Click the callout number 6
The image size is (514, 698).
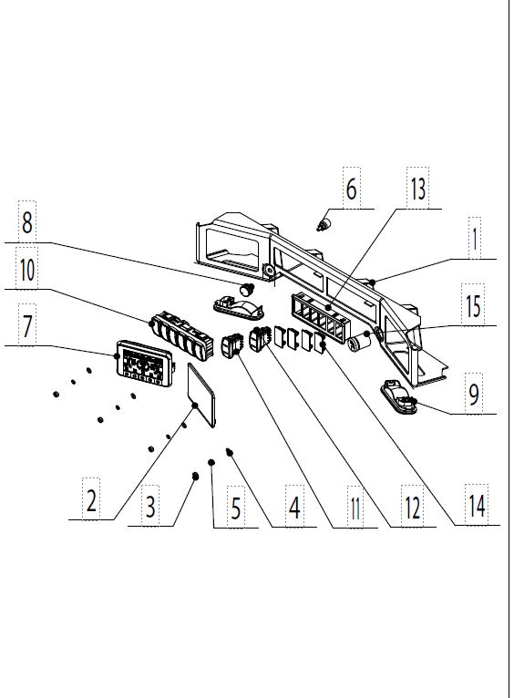point(351,189)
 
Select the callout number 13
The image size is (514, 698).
point(418,189)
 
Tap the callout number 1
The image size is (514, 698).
point(475,239)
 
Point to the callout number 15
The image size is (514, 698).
point(473,306)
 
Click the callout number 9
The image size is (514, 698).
point(474,395)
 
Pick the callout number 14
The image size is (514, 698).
point(477,506)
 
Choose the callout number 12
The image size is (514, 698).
point(413,507)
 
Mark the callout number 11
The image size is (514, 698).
point(355,508)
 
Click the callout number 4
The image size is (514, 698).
point(294,507)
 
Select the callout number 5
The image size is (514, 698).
point(236,508)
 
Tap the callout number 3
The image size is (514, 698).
point(150,506)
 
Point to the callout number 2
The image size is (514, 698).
point(91,500)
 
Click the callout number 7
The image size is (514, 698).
point(27,326)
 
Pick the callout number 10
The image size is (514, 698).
point(27,270)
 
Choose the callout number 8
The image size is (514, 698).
point(27,222)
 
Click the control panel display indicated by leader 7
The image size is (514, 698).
point(145,364)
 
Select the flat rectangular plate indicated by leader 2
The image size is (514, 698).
point(201,395)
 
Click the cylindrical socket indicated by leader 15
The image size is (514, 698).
point(360,344)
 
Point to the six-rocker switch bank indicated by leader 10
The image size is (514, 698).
point(181,334)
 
